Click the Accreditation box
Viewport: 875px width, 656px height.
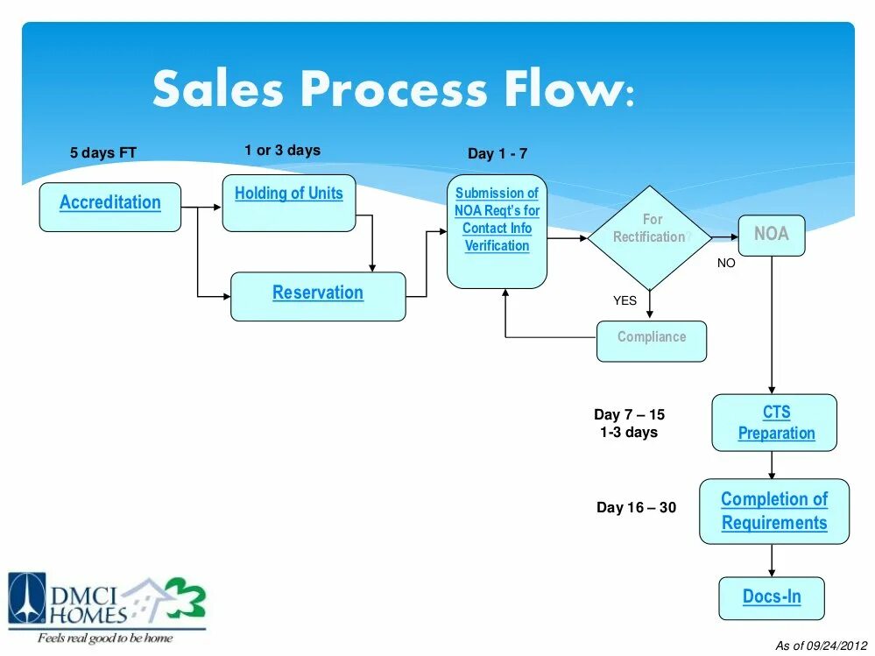[110, 207]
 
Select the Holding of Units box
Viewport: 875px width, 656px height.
[288, 203]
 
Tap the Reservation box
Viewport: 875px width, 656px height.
[318, 296]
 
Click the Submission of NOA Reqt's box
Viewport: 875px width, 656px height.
[497, 231]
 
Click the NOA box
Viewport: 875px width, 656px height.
[771, 235]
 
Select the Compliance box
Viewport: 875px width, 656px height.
[651, 341]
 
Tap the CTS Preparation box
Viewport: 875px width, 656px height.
[774, 422]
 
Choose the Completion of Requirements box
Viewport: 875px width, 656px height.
[774, 511]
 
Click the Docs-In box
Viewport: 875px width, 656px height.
[772, 598]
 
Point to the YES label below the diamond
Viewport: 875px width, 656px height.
[624, 300]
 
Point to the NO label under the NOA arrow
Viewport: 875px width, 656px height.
[726, 263]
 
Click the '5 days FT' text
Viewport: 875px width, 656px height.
[103, 153]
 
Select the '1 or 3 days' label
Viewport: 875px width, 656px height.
[282, 150]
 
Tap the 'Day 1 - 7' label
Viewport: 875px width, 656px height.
[497, 153]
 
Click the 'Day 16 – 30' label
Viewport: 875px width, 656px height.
[636, 507]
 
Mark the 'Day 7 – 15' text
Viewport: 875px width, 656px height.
[629, 414]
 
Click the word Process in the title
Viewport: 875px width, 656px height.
[391, 90]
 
